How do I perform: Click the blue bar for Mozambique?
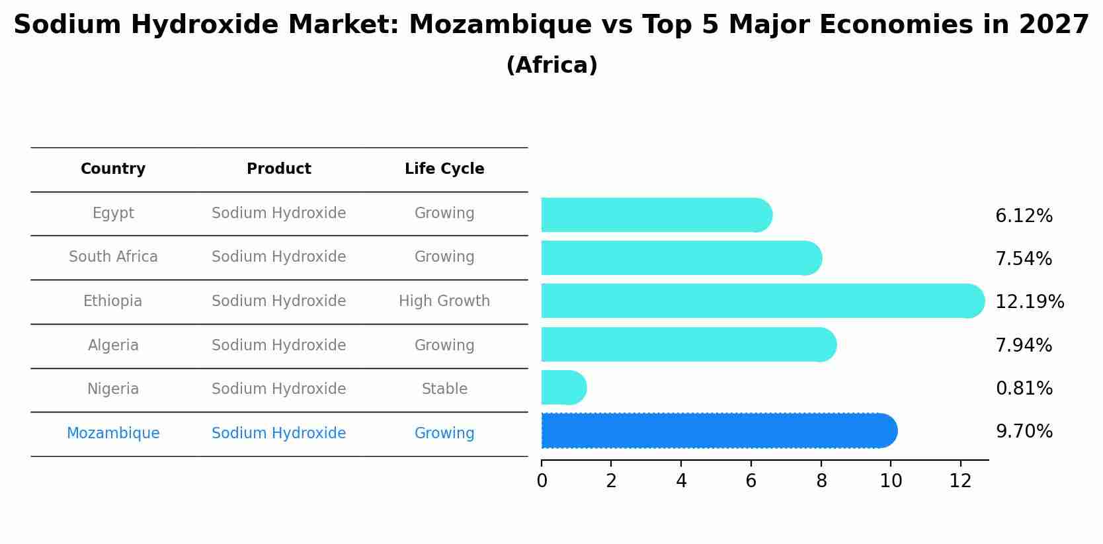[717, 431]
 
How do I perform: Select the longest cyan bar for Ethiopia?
[760, 301]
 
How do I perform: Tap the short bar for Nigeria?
[562, 387]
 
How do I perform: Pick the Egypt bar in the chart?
[655, 215]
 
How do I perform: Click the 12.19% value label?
[1029, 302]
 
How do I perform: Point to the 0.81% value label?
[1024, 389]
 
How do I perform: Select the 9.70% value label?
[1024, 432]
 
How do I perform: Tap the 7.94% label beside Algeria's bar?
[1023, 346]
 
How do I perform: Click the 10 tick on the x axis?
[891, 481]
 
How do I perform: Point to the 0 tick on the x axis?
[542, 481]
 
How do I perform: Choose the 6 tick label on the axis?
[751, 481]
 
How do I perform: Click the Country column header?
[113, 169]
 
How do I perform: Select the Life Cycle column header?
[444, 169]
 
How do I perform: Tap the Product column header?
[278, 169]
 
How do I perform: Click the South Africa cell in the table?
[113, 257]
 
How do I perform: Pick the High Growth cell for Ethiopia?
[444, 301]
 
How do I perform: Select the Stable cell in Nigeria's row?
[444, 389]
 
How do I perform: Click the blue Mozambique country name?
[113, 434]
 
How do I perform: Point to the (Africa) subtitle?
[551, 65]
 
